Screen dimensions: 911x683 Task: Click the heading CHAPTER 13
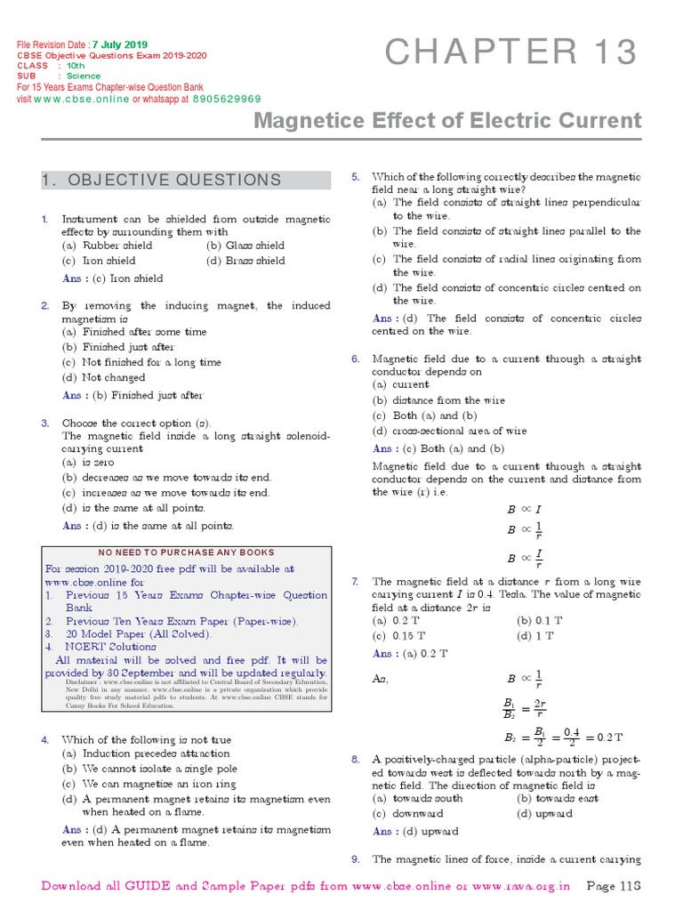pyautogui.click(x=511, y=53)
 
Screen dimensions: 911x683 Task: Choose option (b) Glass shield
pyautogui.click(x=245, y=246)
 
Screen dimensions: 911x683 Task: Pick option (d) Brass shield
pyautogui.click(x=245, y=261)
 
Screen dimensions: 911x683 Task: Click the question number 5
pyautogui.click(x=356, y=177)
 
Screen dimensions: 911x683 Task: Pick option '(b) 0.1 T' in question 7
pyautogui.click(x=540, y=619)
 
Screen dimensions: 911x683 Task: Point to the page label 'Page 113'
pyautogui.click(x=615, y=887)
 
